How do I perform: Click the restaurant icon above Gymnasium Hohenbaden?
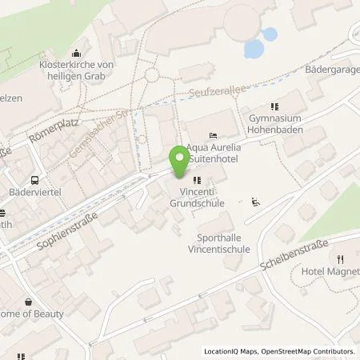point(274,106)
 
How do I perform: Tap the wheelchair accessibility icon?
point(256,202)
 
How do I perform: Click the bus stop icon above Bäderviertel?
point(35,179)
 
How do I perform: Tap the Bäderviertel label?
point(37,193)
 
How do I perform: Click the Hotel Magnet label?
point(330,273)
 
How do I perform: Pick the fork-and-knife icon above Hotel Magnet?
point(340,258)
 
